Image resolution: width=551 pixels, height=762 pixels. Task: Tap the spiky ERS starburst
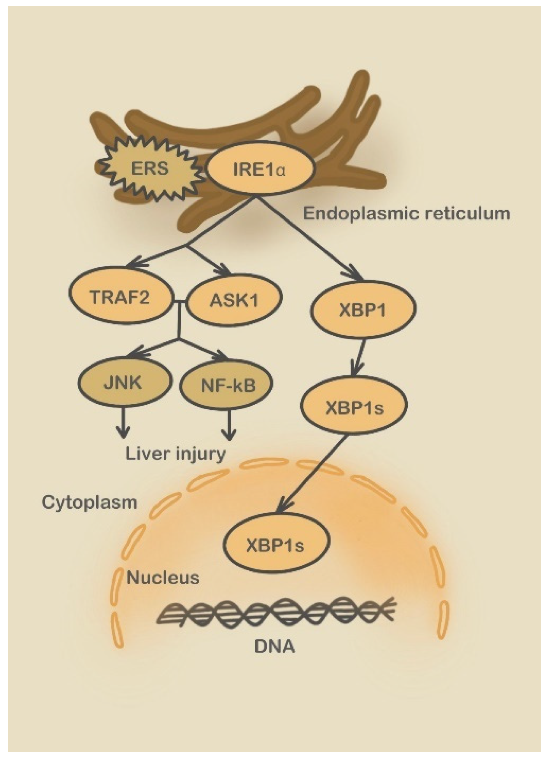(150, 169)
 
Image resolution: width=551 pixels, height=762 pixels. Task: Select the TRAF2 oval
(120, 298)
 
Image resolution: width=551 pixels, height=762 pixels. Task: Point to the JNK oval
(123, 383)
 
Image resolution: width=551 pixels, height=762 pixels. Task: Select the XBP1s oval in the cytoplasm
(354, 408)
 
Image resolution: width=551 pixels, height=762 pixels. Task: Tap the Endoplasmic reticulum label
(406, 214)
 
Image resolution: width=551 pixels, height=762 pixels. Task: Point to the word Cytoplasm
(89, 502)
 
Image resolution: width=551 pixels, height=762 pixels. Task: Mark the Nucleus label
(163, 578)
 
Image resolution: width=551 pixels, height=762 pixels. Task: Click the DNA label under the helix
(274, 647)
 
